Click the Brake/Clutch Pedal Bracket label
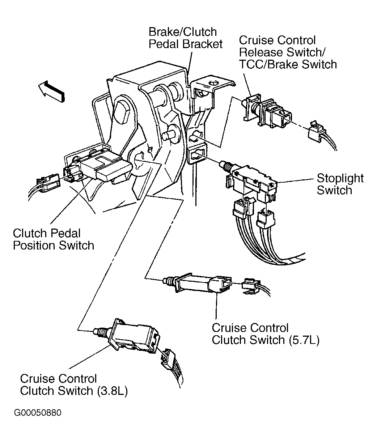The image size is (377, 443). [x=186, y=38]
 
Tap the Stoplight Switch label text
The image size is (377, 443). [x=340, y=184]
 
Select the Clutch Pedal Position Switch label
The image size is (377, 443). [x=54, y=239]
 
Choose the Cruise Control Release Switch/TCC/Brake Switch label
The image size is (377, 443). [x=288, y=52]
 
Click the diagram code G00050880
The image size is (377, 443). [x=38, y=418]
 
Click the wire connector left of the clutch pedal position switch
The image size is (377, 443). [x=48, y=182]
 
